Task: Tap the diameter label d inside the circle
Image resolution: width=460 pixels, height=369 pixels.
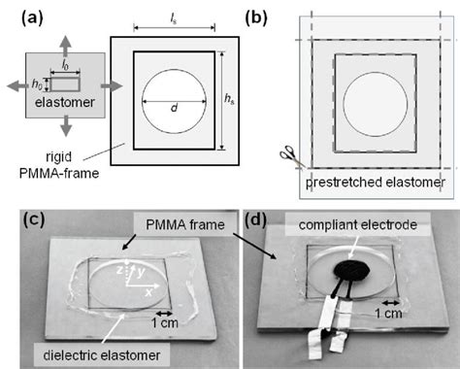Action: [174, 108]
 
